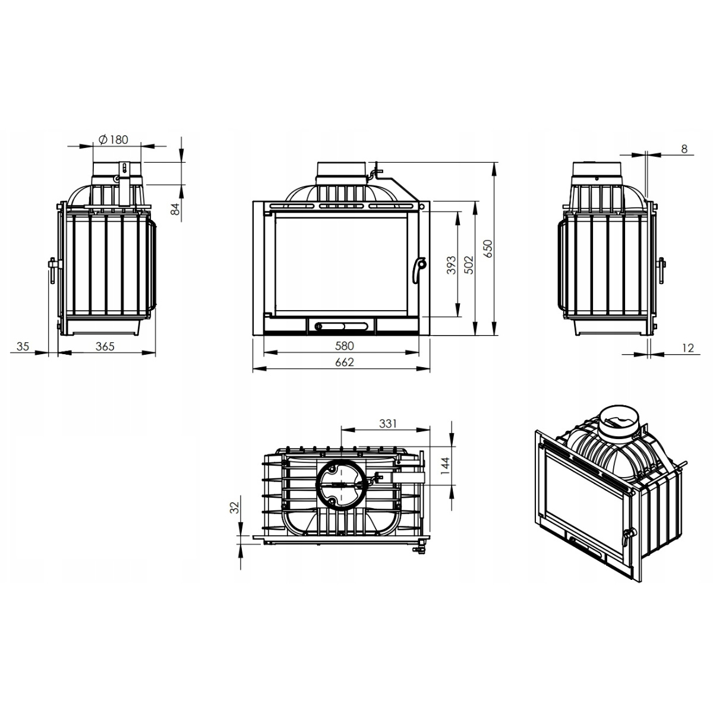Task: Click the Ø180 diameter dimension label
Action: click(113, 140)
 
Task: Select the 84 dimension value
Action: click(175, 209)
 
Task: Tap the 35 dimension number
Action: click(23, 346)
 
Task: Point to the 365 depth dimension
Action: click(105, 346)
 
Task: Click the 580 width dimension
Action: click(345, 346)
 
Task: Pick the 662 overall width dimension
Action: click(345, 362)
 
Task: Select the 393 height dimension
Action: click(452, 265)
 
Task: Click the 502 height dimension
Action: click(469, 265)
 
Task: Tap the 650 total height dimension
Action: click(488, 248)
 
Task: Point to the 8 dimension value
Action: click(684, 149)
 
